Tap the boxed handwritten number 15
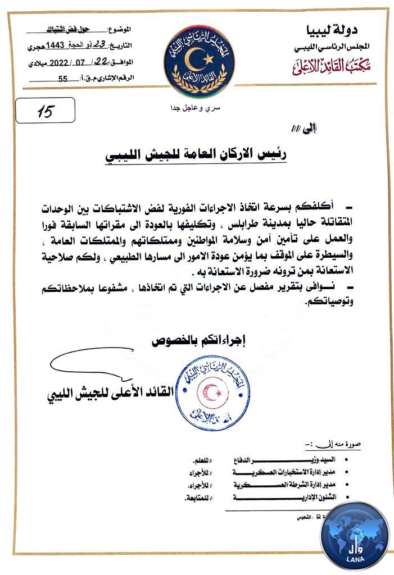(x=45, y=111)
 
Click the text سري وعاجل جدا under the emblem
(x=198, y=107)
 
